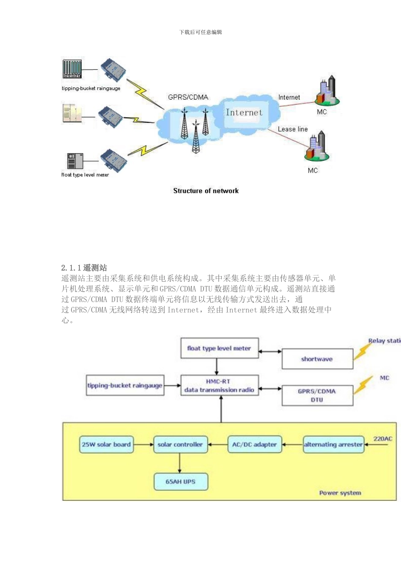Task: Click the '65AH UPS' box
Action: (x=181, y=482)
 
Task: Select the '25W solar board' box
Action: (x=106, y=445)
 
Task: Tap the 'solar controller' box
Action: (x=180, y=445)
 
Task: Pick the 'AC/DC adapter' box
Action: (x=255, y=445)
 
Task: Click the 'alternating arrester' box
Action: (x=333, y=445)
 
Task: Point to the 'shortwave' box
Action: (x=317, y=359)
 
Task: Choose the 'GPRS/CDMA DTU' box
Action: (x=317, y=396)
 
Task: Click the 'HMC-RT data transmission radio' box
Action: (x=219, y=386)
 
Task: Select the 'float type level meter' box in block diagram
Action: (x=219, y=348)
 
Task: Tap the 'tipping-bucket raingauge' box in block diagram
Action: (x=125, y=386)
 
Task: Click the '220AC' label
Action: (x=382, y=439)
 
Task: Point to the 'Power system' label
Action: (x=340, y=493)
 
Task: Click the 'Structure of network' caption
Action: (x=206, y=191)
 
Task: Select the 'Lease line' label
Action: (x=293, y=130)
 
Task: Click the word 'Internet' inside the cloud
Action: (x=244, y=113)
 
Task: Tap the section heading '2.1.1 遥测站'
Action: (x=84, y=268)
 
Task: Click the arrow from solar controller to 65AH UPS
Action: (x=180, y=463)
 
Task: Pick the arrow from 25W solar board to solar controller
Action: (x=144, y=445)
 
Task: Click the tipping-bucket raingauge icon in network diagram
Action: (x=72, y=69)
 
